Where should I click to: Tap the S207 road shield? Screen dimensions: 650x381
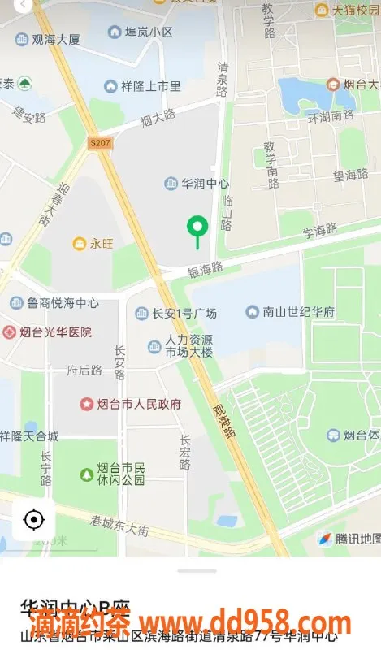100,144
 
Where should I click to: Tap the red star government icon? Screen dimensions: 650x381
87,404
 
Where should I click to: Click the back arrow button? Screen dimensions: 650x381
24,5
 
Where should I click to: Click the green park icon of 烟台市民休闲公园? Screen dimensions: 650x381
87,474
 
